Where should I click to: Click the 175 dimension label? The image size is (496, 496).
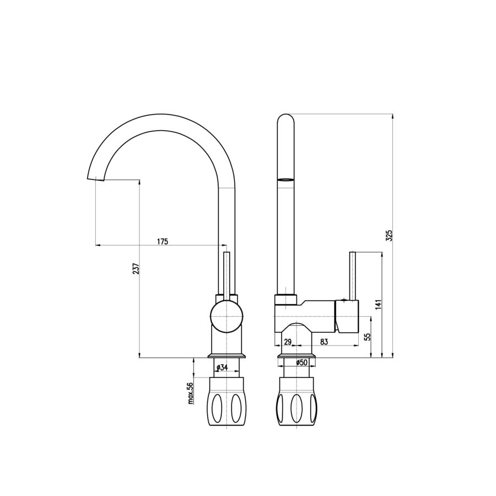(x=163, y=242)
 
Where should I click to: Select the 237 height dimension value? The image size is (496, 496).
(x=136, y=268)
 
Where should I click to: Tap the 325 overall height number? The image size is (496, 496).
(x=390, y=236)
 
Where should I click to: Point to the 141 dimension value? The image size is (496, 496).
(x=379, y=304)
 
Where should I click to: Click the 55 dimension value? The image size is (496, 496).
(x=367, y=337)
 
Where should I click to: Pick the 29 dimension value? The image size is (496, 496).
(x=288, y=342)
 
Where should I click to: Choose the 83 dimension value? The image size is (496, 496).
(x=324, y=342)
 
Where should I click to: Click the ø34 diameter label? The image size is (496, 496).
(x=223, y=367)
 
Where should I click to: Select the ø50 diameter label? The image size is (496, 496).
(x=302, y=363)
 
